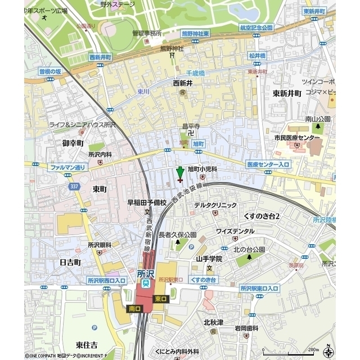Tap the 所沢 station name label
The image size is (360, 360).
click(146, 274)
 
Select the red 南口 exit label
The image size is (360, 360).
click(134, 309)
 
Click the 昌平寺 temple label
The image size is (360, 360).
click(190, 126)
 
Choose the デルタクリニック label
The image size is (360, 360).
click(215, 205)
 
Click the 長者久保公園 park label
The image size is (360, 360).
click(177, 235)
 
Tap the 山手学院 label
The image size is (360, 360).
click(209, 259)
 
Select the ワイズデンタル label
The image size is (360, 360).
click(235, 231)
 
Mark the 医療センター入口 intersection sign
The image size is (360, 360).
click(268, 164)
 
